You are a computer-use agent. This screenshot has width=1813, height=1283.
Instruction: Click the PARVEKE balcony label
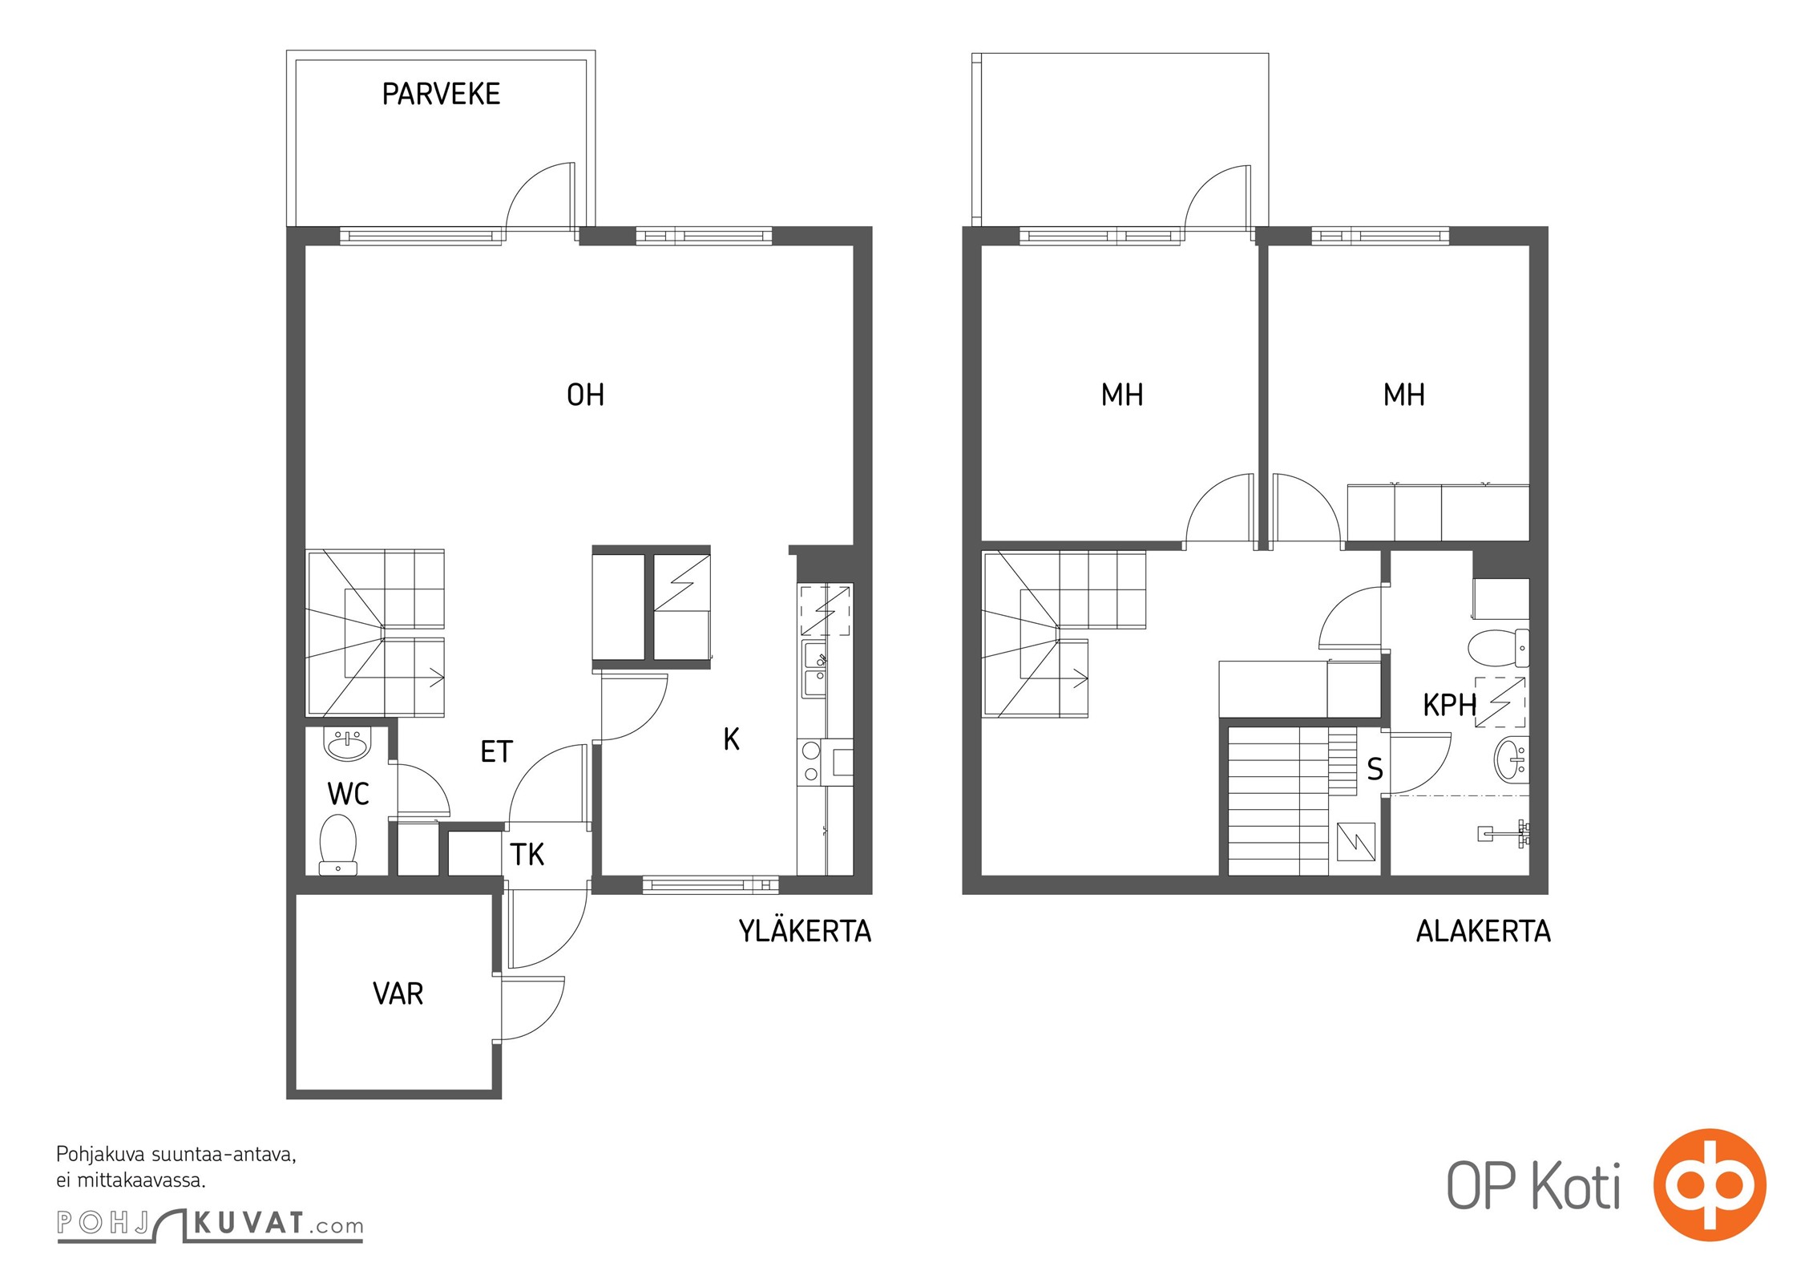441,94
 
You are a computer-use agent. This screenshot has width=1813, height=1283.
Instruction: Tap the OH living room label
585,395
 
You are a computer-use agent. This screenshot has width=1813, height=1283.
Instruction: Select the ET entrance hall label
496,751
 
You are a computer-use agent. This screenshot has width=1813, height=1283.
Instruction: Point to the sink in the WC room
347,743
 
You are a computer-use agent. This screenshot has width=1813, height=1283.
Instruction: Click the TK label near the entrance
527,855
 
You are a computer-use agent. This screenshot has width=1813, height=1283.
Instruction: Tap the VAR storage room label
398,994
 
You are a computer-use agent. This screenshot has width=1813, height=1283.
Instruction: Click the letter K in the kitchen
731,739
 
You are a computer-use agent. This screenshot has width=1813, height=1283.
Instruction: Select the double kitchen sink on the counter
815,669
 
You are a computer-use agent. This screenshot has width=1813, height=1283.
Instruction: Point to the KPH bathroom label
1449,705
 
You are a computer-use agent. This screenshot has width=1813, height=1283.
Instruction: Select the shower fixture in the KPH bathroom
1504,833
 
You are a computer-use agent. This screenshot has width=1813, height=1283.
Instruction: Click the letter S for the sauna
1375,769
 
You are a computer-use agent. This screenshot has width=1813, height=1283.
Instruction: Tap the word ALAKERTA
1483,931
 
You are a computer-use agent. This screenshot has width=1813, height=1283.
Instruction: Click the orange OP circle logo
1710,1184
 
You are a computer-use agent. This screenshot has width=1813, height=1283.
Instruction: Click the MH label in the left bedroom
1122,395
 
